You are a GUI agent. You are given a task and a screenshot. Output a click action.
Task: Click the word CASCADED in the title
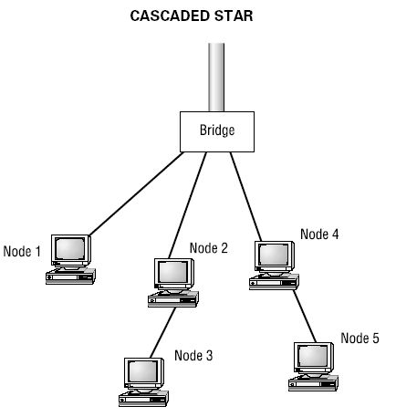pos(171,16)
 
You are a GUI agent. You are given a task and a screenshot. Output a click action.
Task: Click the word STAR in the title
pos(234,16)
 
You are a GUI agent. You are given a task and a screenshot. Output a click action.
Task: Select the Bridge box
pos(217,131)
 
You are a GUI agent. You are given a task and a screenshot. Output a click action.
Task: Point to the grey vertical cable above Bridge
pos(216,78)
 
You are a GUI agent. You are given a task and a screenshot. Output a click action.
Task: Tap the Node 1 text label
pos(22,252)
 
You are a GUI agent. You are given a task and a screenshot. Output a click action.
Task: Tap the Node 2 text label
pos(209,248)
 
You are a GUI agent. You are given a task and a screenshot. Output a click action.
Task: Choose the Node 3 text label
pos(193,355)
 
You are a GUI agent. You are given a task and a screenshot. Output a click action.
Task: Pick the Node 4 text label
pos(319,234)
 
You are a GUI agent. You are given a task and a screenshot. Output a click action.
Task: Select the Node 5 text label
pos(360,338)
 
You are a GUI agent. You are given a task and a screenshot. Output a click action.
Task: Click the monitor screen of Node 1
pos(70,248)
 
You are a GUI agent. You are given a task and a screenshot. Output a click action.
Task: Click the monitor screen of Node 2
pos(173,272)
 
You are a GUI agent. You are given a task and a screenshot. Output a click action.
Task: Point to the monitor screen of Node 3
pos(143,371)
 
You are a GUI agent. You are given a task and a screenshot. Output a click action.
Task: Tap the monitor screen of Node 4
pos(274,255)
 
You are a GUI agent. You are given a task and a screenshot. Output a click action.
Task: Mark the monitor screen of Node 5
pos(313,356)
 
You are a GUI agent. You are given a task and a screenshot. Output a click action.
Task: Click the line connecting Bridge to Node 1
pos(136,193)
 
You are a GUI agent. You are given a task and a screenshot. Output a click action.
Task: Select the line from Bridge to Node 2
pos(188,205)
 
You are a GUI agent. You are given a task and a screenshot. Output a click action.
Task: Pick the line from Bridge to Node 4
pos(245,197)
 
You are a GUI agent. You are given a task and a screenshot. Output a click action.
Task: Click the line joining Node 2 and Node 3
pos(163,333)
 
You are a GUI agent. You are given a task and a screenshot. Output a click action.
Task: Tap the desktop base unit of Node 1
pos(70,276)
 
